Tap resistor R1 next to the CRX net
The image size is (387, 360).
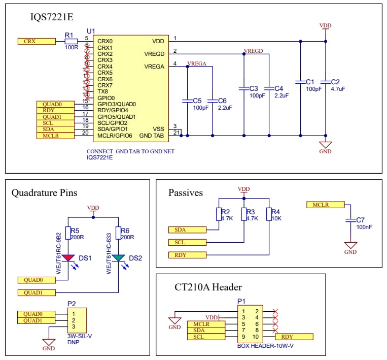(x=71, y=41)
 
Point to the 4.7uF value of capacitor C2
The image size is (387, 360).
(x=337, y=89)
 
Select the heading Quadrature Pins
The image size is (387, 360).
(x=45, y=193)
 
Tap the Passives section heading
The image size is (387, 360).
(x=185, y=193)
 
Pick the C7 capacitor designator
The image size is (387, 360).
(x=360, y=220)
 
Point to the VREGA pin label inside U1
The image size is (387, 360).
(x=154, y=67)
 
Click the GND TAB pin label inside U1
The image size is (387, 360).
(x=152, y=136)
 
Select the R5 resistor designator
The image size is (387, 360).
(x=75, y=230)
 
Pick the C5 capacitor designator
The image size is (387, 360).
(x=198, y=101)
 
